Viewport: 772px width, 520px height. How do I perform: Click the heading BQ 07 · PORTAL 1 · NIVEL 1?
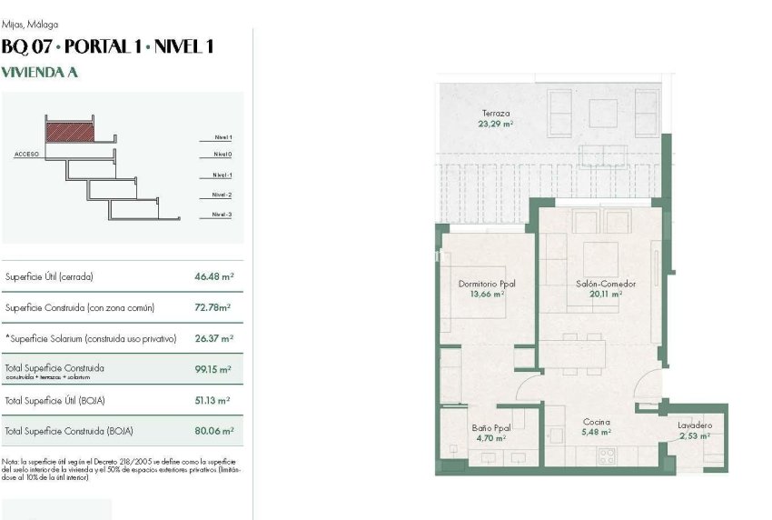(x=108, y=47)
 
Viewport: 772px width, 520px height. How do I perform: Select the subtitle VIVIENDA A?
(x=40, y=74)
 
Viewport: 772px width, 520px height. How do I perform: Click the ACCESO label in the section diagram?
(x=26, y=155)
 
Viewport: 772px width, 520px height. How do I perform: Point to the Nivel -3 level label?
(x=222, y=215)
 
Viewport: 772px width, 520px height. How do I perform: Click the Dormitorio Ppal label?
(x=487, y=284)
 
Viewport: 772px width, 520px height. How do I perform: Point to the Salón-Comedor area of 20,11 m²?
(x=605, y=295)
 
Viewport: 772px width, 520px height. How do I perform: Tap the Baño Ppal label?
(x=490, y=426)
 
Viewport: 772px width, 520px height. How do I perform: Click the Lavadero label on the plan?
(x=695, y=425)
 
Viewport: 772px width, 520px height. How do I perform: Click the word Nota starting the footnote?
(x=11, y=462)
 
